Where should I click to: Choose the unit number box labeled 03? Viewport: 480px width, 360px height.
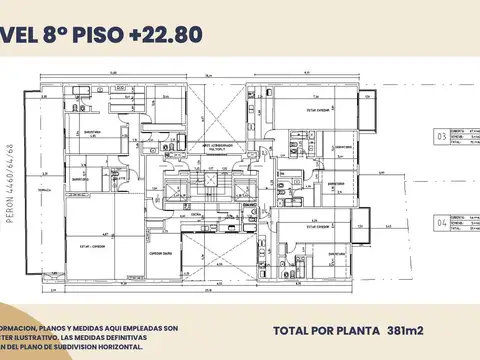pyautogui.click(x=442, y=135)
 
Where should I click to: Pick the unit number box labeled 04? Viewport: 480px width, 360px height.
pyautogui.click(x=442, y=224)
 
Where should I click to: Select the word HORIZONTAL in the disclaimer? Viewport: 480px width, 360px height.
pyautogui.click(x=143, y=347)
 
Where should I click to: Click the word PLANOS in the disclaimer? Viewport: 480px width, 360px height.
pyautogui.click(x=57, y=328)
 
